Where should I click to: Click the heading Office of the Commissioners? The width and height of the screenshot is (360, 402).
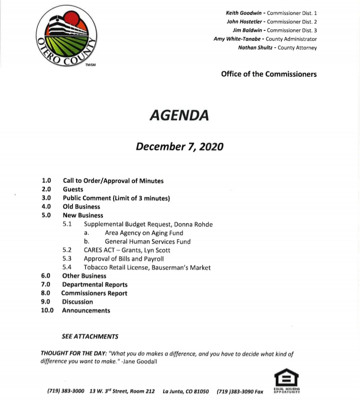[268, 74]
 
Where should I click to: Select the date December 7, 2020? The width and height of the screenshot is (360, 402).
[179, 147]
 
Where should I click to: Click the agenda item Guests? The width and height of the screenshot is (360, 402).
[73, 189]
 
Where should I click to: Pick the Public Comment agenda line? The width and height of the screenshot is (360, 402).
[116, 198]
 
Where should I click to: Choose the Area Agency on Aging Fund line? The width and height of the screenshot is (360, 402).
[144, 233]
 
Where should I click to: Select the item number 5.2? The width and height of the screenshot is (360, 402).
[67, 250]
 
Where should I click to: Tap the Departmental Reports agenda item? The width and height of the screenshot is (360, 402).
[94, 285]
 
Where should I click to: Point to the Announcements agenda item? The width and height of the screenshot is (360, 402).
[86, 311]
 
